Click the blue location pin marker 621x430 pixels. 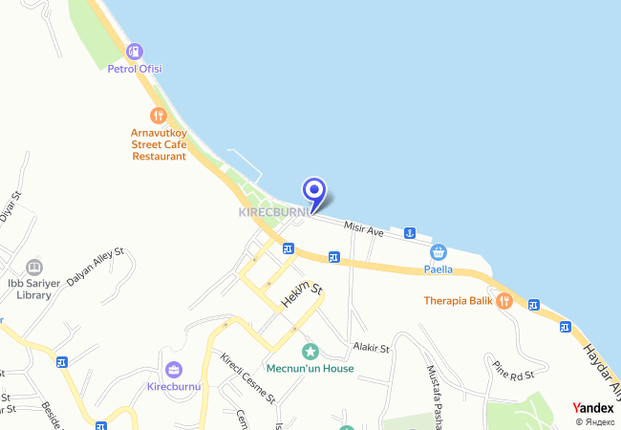[x=313, y=190]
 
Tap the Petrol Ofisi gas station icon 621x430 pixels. [x=135, y=51]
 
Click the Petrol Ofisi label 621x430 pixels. [x=135, y=69]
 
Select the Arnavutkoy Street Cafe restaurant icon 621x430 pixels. [x=159, y=114]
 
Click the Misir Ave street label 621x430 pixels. [x=363, y=229]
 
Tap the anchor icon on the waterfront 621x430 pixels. [x=410, y=233]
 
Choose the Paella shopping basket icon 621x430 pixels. [x=439, y=251]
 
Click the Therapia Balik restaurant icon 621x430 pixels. [x=504, y=300]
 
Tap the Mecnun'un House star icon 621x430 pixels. [x=310, y=352]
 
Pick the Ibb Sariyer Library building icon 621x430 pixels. [x=34, y=267]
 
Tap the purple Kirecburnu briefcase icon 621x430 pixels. [x=174, y=370]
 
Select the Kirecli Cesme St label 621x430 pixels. [x=247, y=377]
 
